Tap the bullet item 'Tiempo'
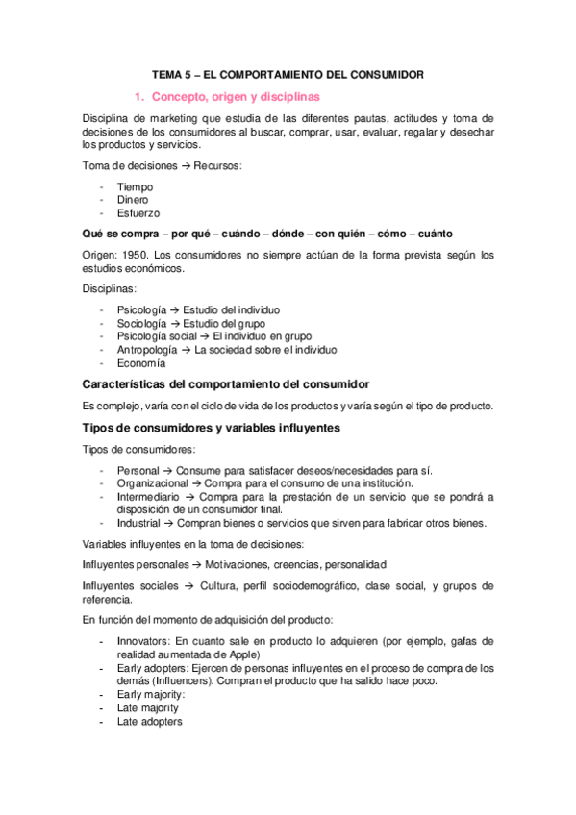[135, 186]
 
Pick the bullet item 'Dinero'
[134, 200]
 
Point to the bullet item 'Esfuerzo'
[138, 212]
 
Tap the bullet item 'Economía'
[140, 363]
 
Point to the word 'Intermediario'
[150, 497]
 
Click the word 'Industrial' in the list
[139, 523]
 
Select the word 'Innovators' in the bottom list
[144, 640]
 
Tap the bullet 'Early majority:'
[151, 694]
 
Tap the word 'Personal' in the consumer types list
[138, 470]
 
